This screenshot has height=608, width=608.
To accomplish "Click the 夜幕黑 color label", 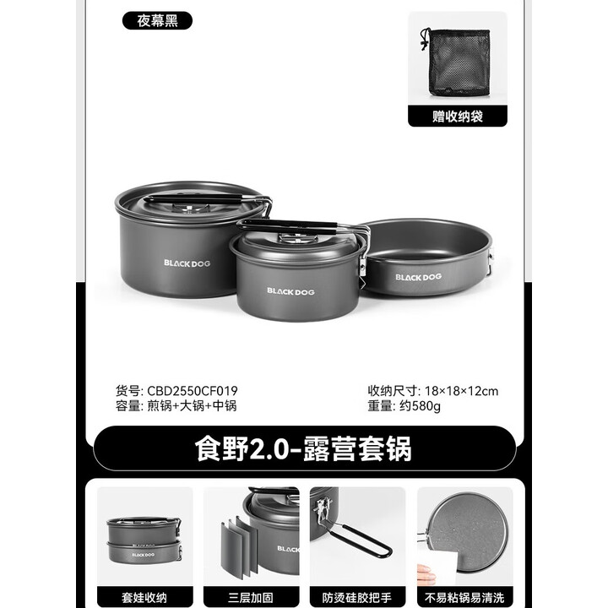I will (x=157, y=20).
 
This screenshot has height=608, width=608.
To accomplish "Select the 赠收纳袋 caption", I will (x=457, y=117).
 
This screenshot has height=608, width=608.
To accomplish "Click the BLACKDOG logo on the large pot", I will (x=187, y=263).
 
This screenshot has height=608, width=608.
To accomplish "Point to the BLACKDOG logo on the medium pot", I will (x=290, y=290).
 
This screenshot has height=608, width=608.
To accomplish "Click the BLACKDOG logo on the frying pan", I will (x=418, y=276).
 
